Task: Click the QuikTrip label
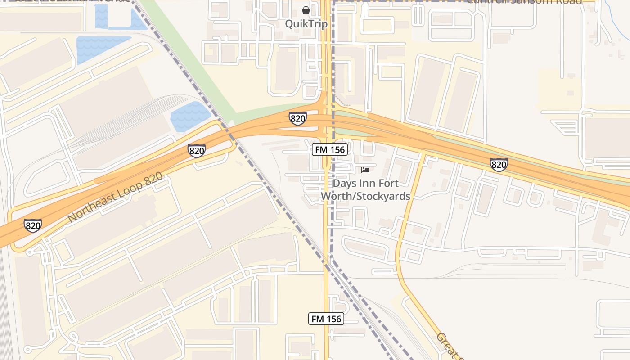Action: click(306, 23)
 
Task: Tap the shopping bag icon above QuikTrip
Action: click(306, 10)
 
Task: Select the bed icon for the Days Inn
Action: click(365, 170)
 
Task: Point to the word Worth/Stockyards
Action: click(365, 196)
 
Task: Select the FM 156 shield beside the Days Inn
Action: click(330, 149)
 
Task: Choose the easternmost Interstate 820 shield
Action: click(499, 165)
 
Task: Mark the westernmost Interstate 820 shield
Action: click(33, 225)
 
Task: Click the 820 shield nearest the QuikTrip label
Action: click(297, 118)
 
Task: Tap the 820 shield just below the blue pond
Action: click(197, 151)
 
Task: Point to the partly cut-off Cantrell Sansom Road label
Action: click(524, 2)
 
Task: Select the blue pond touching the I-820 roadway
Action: click(190, 116)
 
